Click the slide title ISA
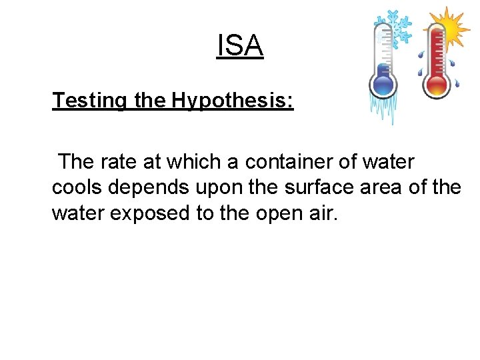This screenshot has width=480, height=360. (x=240, y=47)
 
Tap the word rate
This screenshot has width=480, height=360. (x=125, y=162)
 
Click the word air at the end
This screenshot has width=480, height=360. (x=323, y=213)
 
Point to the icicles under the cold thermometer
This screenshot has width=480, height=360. (x=384, y=110)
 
